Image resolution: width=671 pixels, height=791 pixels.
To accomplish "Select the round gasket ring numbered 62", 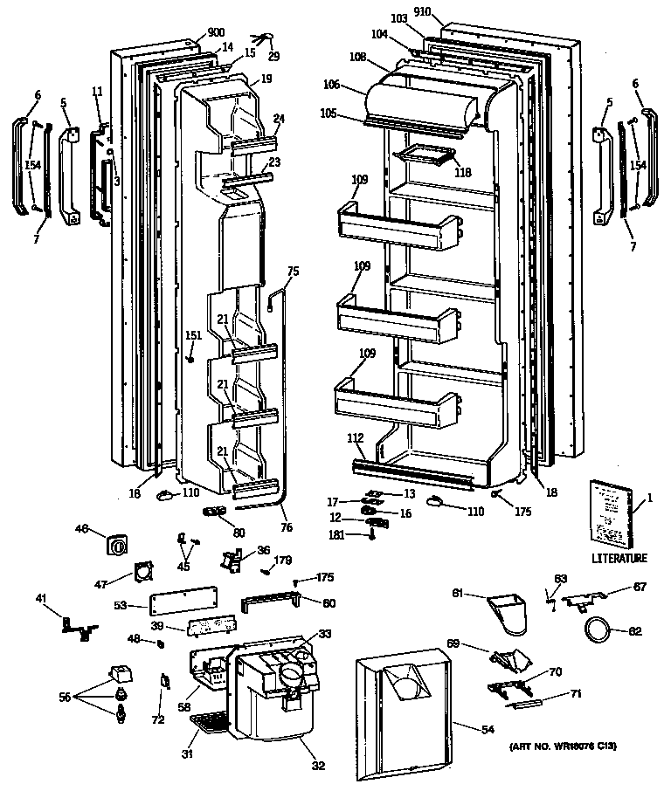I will [x=598, y=629].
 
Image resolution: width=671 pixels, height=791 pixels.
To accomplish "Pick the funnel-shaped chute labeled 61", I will [x=508, y=612].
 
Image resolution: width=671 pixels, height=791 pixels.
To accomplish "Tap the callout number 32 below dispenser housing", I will [x=318, y=766].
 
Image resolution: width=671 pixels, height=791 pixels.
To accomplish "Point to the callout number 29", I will [x=273, y=57].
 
